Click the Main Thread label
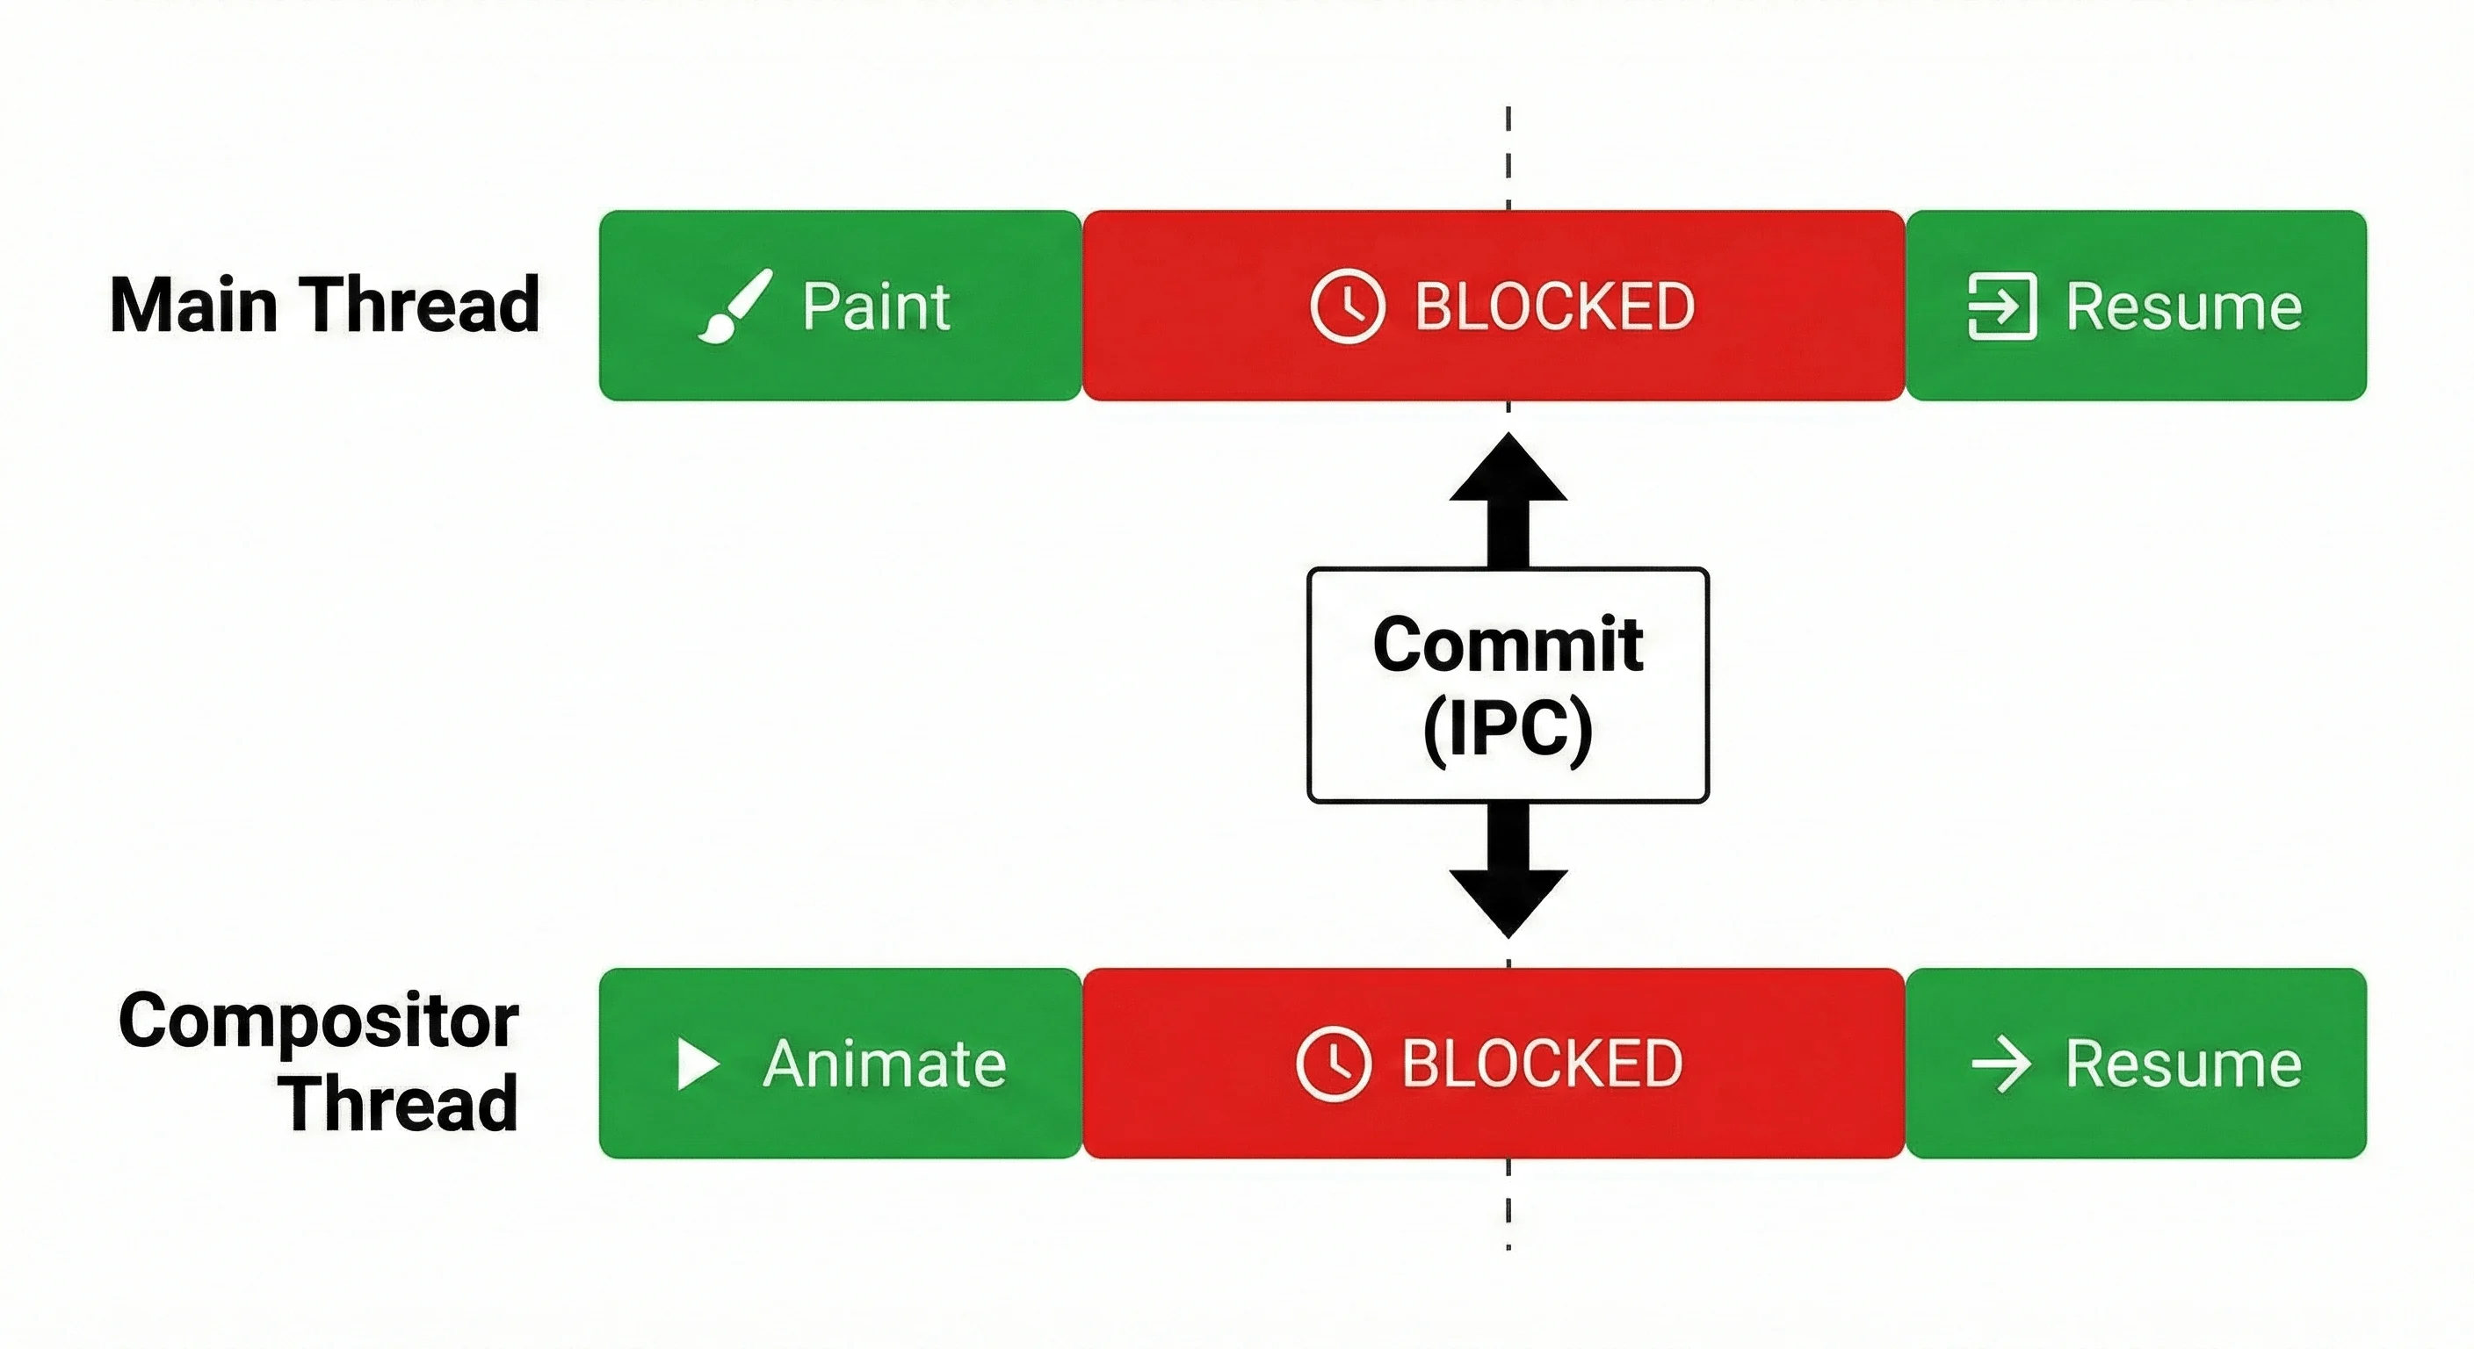(324, 306)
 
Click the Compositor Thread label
(319, 1061)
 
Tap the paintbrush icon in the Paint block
(734, 307)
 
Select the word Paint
(876, 307)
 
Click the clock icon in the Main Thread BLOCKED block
(1348, 307)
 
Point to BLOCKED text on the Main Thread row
(1555, 307)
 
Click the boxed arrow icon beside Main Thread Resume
(2002, 307)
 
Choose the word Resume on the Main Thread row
(2184, 307)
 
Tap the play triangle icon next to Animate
(698, 1064)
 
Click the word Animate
(885, 1064)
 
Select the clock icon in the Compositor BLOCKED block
(1333, 1064)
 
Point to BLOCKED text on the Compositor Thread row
(1543, 1064)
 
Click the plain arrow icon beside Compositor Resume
(2001, 1064)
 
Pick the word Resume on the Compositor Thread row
(2184, 1064)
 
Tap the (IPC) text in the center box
(1508, 730)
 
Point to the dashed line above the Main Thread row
(1508, 157)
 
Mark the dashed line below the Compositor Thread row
(1508, 1204)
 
